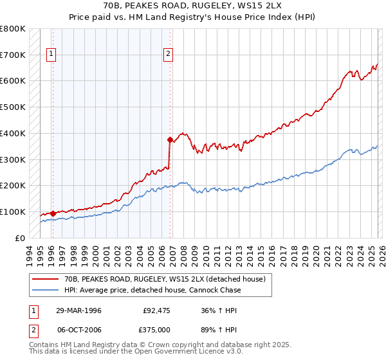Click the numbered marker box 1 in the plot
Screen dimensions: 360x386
click(x=51, y=55)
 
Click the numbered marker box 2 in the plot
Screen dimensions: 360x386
click(x=169, y=55)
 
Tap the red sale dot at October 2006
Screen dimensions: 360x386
click(x=170, y=139)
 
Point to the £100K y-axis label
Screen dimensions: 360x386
click(x=14, y=212)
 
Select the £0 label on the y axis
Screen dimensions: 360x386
click(x=21, y=238)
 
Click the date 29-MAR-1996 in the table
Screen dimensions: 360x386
click(x=78, y=310)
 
